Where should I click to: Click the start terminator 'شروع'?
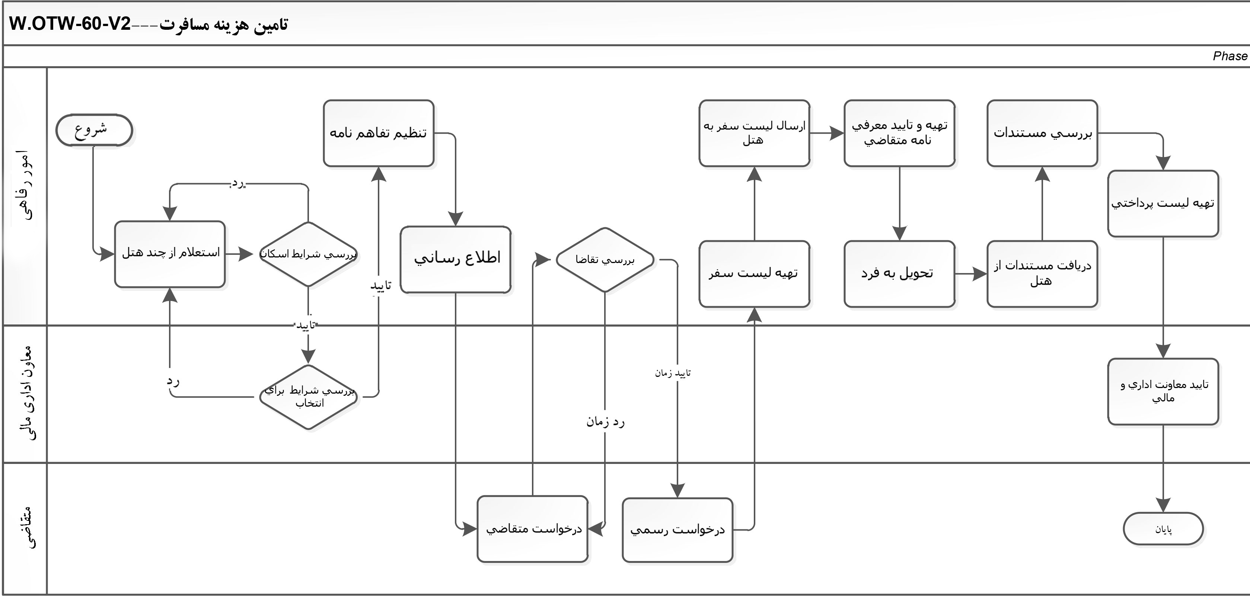click(x=94, y=130)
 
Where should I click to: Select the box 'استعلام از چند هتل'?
click(x=170, y=254)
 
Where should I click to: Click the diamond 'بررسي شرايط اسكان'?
click(x=308, y=254)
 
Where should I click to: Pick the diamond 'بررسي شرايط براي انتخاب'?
click(x=309, y=397)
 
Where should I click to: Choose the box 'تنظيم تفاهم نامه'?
click(x=379, y=133)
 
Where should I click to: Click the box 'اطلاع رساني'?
click(x=456, y=259)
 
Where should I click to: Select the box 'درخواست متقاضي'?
click(x=533, y=529)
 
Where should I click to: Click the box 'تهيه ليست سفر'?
click(x=754, y=274)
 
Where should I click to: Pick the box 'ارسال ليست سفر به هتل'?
click(x=754, y=133)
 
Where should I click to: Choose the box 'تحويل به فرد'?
click(x=899, y=274)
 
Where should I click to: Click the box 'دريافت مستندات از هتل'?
click(x=1042, y=274)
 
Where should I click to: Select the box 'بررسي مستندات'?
click(x=1042, y=133)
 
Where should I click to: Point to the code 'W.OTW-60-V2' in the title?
click(x=70, y=24)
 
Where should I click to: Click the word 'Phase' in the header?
click(x=1230, y=56)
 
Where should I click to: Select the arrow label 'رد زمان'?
click(x=605, y=422)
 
